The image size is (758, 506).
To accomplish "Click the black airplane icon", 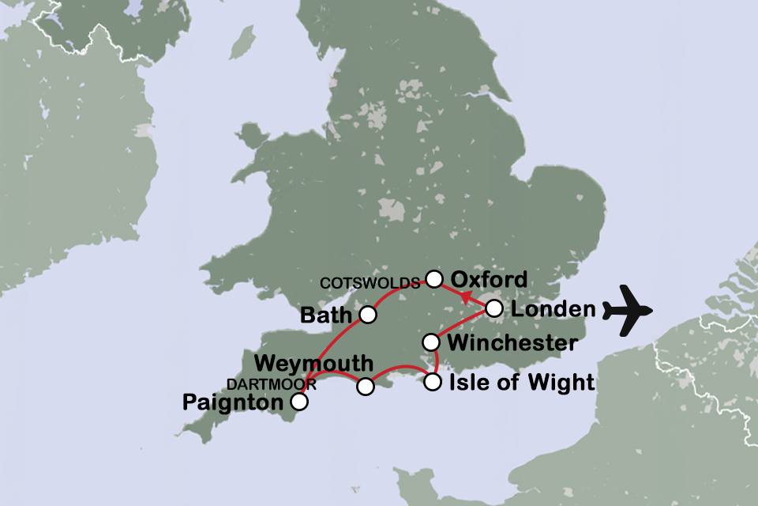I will click(629, 310).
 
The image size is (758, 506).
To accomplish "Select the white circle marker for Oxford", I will click(433, 278).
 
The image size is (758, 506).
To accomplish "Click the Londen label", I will click(552, 309).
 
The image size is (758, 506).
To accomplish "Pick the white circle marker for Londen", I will click(493, 308).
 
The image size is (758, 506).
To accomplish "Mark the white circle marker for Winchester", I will click(431, 342).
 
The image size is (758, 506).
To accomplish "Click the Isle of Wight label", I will click(520, 383).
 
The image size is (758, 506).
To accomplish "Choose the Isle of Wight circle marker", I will click(432, 383).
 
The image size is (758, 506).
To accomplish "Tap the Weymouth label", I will click(313, 364).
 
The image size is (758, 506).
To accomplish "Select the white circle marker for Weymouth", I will click(366, 387).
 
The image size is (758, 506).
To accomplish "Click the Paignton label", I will click(232, 403).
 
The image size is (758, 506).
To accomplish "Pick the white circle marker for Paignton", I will click(299, 402).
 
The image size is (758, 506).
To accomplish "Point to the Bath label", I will click(325, 315).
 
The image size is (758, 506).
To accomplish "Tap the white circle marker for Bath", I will click(367, 315).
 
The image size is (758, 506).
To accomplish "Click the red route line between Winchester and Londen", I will click(461, 326).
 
